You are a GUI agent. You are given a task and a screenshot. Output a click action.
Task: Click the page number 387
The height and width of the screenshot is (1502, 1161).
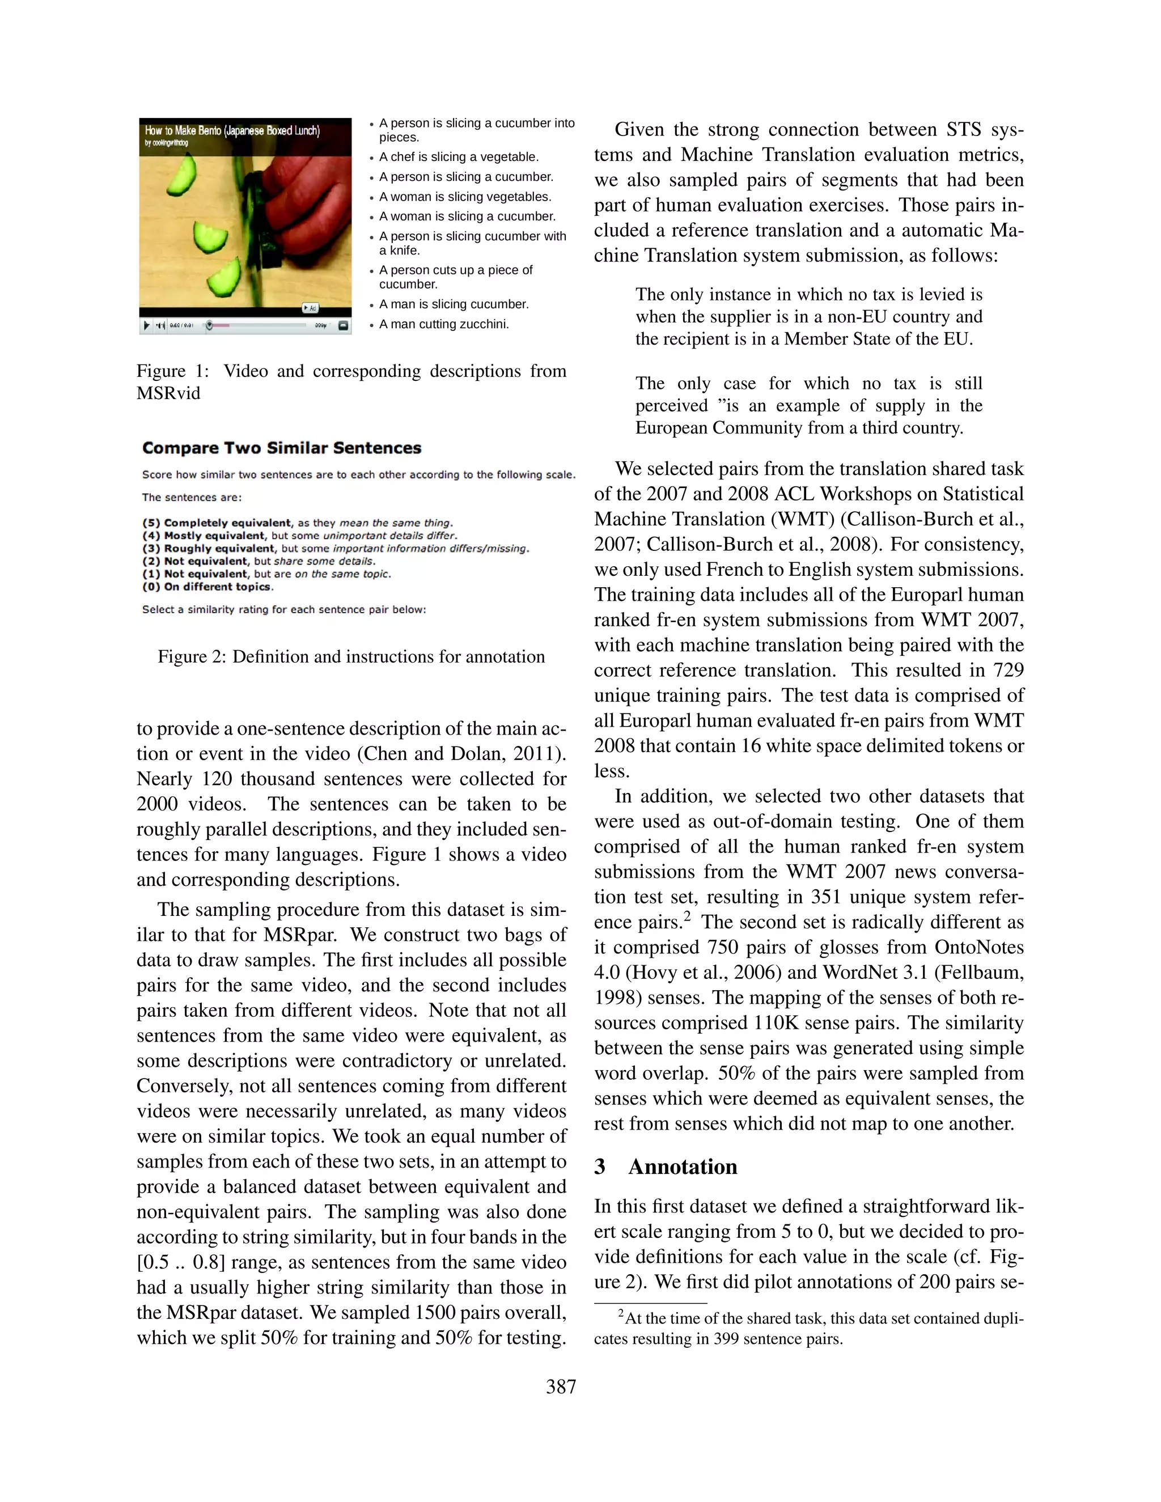coord(561,1387)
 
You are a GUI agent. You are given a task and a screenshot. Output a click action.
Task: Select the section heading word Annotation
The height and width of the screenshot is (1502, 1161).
coord(683,1167)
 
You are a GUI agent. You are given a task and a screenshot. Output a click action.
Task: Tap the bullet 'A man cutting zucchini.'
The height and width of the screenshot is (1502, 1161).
coord(444,324)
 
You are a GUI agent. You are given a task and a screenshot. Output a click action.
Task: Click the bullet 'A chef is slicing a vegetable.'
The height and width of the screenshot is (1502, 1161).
coord(459,157)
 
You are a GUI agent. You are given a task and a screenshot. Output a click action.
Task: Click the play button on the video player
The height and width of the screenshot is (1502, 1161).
coord(146,325)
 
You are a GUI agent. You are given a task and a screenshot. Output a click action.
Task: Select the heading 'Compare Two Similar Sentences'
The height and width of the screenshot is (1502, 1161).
coord(281,448)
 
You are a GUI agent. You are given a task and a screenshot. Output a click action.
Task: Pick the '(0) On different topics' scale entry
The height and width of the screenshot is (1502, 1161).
coord(207,587)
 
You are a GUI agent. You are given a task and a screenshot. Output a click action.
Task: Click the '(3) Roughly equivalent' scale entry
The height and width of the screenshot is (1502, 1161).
coord(219,548)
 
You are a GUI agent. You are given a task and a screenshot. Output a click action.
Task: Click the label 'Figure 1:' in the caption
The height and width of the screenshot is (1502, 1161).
coord(173,371)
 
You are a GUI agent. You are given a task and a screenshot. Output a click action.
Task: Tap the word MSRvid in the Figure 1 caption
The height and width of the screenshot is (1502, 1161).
coord(168,393)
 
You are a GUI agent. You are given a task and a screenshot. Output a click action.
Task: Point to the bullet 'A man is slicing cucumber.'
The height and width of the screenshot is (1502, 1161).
coord(454,304)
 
